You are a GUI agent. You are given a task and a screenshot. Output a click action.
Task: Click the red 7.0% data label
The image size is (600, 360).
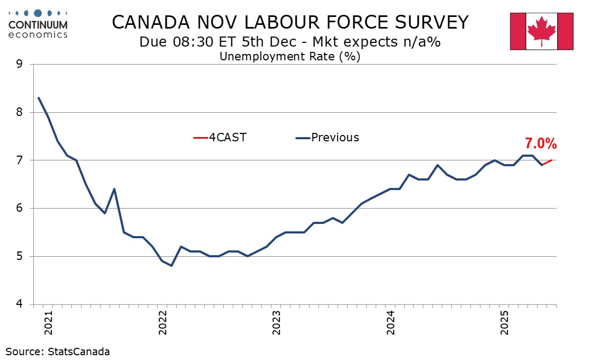coord(540,143)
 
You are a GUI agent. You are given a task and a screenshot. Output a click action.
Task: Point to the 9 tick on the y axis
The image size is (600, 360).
coord(20,65)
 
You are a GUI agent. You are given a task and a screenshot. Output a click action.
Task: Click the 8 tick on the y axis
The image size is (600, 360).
coord(20,112)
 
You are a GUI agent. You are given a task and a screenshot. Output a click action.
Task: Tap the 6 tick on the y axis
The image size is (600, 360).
coord(20,209)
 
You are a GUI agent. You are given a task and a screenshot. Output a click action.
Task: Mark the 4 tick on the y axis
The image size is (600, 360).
coord(20,304)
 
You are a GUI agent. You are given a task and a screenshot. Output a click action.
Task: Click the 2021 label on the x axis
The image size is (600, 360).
coord(49,322)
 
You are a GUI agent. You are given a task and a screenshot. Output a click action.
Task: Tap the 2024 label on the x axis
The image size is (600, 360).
coord(390,322)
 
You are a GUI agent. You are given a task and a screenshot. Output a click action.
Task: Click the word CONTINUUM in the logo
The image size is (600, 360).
coord(38,25)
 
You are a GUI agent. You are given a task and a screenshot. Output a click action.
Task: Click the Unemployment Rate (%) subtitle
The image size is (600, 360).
coord(289,56)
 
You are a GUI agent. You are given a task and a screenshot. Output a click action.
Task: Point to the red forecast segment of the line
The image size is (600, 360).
coord(547,163)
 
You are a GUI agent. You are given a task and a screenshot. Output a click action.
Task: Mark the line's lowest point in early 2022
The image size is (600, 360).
coord(172,265)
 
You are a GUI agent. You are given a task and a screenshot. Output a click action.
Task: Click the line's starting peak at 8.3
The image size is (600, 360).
coord(39,98)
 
